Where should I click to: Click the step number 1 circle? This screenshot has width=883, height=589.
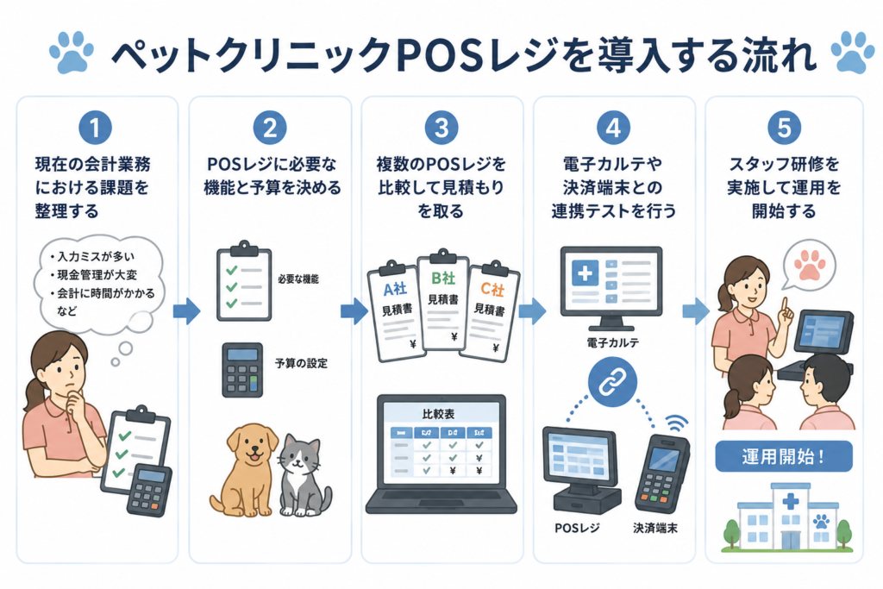(95, 128)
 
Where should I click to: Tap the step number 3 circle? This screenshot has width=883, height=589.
(441, 128)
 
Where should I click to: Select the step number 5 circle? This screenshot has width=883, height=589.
(784, 128)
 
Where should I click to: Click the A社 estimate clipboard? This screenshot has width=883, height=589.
(396, 310)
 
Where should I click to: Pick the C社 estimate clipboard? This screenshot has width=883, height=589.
(490, 311)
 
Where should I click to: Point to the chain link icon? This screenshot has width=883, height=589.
(613, 382)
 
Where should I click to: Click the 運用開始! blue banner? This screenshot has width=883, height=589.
(784, 456)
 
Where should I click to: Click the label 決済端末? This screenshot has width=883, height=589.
(655, 528)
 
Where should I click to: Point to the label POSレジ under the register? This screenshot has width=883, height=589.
(577, 528)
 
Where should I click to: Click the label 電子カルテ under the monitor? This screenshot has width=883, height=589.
(613, 342)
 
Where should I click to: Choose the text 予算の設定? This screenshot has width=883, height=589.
(301, 363)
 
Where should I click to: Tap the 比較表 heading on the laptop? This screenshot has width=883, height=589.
(438, 414)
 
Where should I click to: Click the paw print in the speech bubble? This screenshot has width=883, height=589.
(810, 264)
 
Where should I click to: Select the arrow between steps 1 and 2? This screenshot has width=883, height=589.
(186, 310)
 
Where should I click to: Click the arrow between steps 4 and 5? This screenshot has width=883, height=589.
(696, 310)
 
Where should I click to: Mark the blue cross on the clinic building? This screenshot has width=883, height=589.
(791, 500)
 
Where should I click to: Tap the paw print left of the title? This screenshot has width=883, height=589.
(72, 53)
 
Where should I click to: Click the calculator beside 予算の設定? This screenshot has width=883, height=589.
(242, 370)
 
